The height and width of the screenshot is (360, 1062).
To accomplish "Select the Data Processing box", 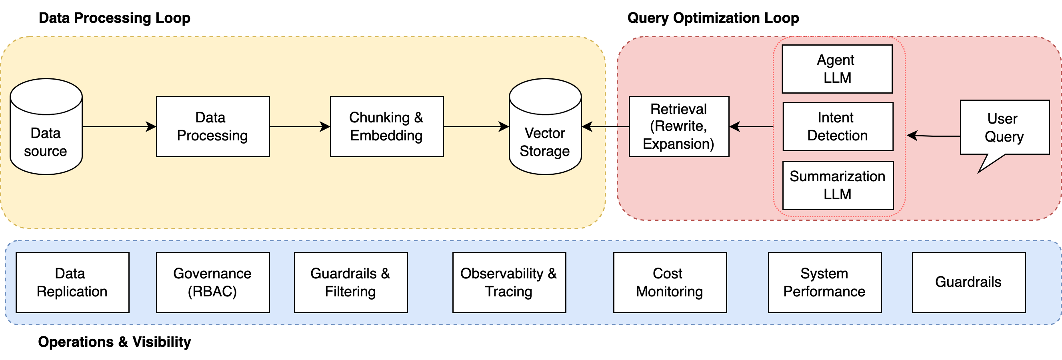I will pos(213,126).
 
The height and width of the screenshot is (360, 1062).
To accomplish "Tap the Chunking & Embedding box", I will pos(387,126).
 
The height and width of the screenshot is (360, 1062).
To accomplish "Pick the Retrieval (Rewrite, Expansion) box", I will pos(678,126).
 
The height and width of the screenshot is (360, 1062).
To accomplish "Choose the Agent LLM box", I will pos(837,69).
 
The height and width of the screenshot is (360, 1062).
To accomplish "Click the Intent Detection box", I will pos(838,126).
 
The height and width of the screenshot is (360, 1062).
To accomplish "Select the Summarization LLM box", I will pos(838,185).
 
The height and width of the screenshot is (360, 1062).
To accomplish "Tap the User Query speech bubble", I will pos(1004,128).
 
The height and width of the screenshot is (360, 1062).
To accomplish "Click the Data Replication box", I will pos(72,282).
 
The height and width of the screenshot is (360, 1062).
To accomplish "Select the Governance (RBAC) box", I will pos(213,282).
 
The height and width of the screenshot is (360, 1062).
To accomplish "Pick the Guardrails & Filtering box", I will pos(351,282).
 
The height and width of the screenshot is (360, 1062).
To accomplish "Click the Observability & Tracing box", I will pos(509,282).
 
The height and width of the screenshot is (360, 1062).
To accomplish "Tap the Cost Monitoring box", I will pos(670,282).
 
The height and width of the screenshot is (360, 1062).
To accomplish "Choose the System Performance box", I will pos(824,282).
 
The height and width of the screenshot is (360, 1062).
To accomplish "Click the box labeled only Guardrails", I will pos(968,282).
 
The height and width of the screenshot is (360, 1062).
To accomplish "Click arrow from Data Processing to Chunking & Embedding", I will pos(300,126).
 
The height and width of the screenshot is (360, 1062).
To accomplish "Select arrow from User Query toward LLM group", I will pos(934,135).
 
